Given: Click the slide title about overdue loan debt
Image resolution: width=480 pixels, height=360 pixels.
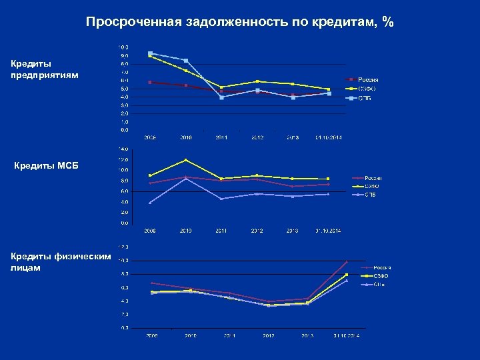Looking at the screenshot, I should coord(240,23).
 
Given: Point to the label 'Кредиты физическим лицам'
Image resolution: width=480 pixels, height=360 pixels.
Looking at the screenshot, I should coord(60,262).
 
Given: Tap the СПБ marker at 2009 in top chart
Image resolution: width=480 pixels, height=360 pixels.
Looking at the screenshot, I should coord(151,53).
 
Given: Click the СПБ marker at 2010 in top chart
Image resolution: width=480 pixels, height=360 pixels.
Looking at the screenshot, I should coord(186,61).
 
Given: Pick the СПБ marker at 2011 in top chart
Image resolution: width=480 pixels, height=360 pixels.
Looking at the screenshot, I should coord(221,97).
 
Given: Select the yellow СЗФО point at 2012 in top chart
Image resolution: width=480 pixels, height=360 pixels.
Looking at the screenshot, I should coord(257,81).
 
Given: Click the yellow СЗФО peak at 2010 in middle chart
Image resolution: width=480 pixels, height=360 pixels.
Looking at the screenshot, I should coord(186,160).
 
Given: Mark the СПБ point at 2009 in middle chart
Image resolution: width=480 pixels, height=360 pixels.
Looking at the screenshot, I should coord(151,203).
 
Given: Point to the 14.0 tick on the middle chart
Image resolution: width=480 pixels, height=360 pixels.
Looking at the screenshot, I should coord(123,148).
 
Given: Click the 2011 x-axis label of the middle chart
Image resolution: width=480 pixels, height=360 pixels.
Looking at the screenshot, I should coord(221,231).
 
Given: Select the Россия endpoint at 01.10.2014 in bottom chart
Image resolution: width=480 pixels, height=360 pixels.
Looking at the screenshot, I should coord(346,262).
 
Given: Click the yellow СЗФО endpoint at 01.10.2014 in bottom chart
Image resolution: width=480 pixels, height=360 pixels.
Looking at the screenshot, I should coord(346,275).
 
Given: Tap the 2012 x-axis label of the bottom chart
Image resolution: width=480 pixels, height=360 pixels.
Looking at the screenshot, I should coord(268,335).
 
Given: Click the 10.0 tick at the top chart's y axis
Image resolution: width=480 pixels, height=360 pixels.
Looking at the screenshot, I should coord(123,47).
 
